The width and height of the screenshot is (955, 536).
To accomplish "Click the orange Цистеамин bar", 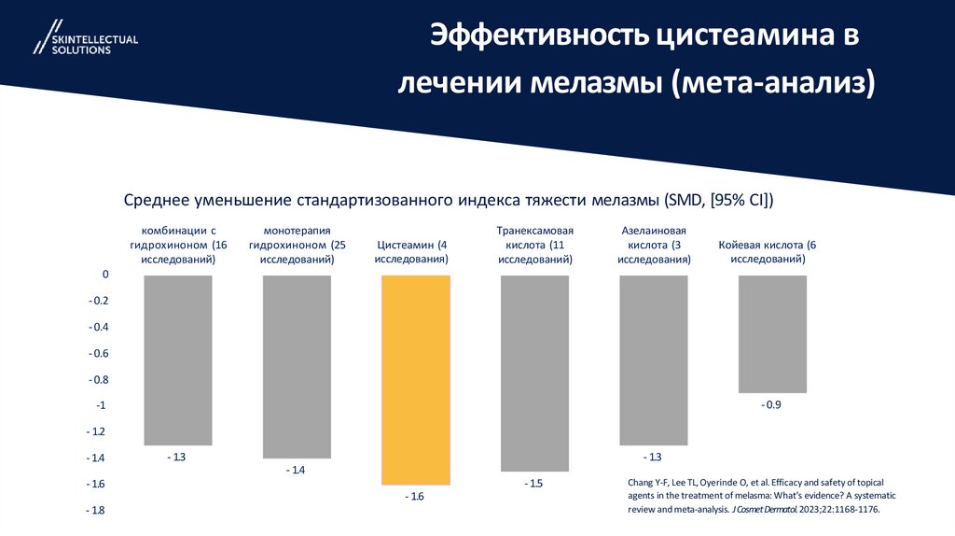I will pyautogui.click(x=416, y=379).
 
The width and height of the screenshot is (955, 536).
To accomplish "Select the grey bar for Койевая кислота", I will pyautogui.click(x=772, y=333).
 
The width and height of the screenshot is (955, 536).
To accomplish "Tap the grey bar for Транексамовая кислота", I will pyautogui.click(x=534, y=373).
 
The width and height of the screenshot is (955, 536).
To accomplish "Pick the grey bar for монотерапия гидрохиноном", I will pyautogui.click(x=297, y=366).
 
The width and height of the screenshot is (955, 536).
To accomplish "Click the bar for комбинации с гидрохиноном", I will pyautogui.click(x=178, y=360).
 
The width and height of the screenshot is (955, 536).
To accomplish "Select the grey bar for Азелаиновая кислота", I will pyautogui.click(x=654, y=360).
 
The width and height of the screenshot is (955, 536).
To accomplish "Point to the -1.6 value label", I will pyautogui.click(x=415, y=497).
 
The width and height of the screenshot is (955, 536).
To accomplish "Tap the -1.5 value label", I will pyautogui.click(x=533, y=484).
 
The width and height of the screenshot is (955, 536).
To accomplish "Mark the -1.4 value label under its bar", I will pyautogui.click(x=296, y=470).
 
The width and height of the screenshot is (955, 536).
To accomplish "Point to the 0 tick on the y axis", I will pyautogui.click(x=105, y=275).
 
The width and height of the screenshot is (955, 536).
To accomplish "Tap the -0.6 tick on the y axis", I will pyautogui.click(x=98, y=353).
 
